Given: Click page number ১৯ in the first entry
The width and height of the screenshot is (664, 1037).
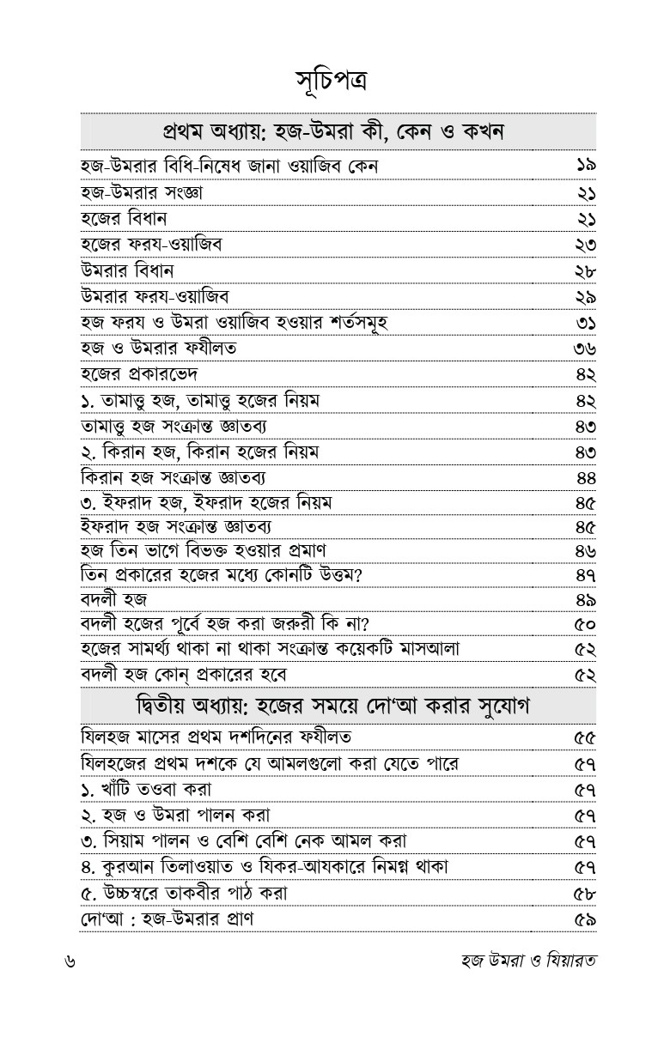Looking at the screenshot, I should [586, 167].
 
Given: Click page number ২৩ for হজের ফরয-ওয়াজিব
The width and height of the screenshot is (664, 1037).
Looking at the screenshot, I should [586, 245].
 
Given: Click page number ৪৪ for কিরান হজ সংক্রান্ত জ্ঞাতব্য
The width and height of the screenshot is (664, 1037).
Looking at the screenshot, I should [587, 478].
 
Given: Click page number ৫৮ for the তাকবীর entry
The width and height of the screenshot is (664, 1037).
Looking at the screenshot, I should [585, 893].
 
